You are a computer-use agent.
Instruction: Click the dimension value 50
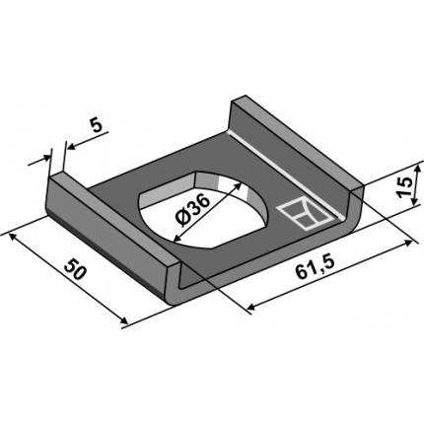point(75,269)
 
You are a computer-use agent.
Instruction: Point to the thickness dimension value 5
point(98,126)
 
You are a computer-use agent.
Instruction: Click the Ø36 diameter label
point(193,210)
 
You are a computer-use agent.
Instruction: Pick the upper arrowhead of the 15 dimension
point(417,170)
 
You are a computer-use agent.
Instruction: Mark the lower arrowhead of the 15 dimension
point(415,201)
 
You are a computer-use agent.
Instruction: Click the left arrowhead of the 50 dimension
point(12,236)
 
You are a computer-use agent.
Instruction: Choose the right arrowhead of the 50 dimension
point(123,321)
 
